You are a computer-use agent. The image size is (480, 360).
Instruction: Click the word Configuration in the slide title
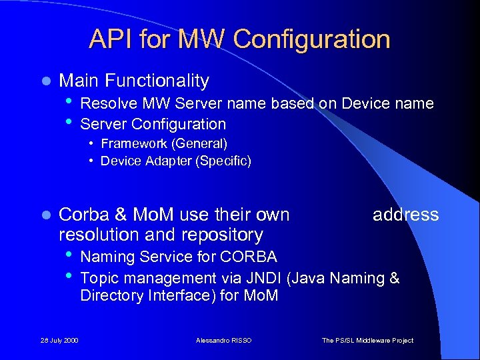click(312, 39)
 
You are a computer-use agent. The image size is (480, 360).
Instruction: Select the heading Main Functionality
click(134, 81)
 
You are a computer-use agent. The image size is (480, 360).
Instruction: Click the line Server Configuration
click(153, 123)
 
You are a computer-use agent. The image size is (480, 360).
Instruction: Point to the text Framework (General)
click(164, 143)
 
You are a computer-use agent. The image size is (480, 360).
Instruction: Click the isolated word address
click(405, 214)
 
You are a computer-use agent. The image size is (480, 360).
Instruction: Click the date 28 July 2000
click(59, 340)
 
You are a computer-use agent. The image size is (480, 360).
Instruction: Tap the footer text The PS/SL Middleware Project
click(367, 340)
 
